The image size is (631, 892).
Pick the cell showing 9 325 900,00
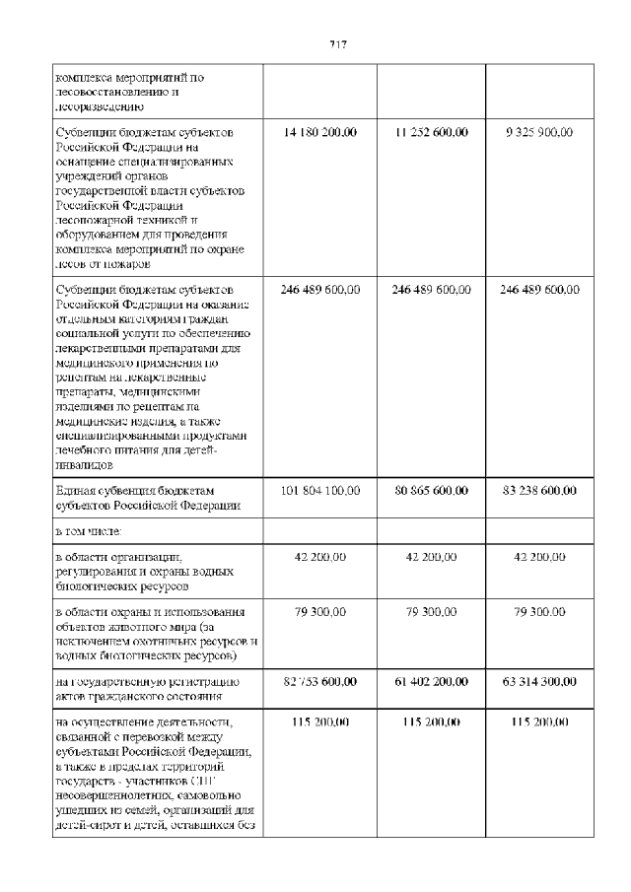(539, 131)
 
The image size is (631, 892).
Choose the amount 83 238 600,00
(539, 490)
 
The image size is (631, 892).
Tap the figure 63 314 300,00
(539, 681)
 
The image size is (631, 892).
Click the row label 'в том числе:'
(89, 531)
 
